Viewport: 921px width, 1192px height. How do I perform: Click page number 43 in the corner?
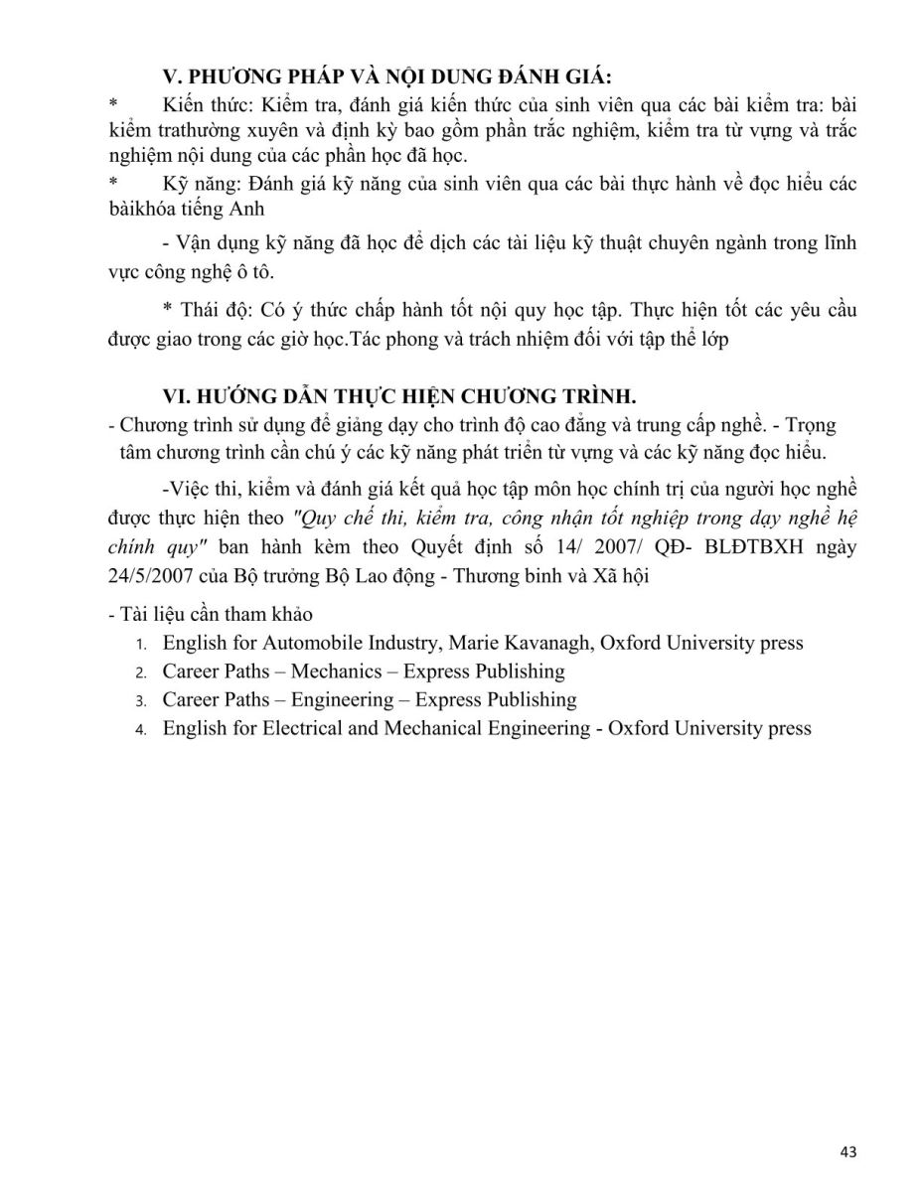[847, 1152]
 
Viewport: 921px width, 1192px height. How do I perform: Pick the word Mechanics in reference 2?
[333, 671]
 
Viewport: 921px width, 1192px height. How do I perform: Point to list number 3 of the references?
[142, 701]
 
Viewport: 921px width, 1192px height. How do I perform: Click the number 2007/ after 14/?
[668, 548]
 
